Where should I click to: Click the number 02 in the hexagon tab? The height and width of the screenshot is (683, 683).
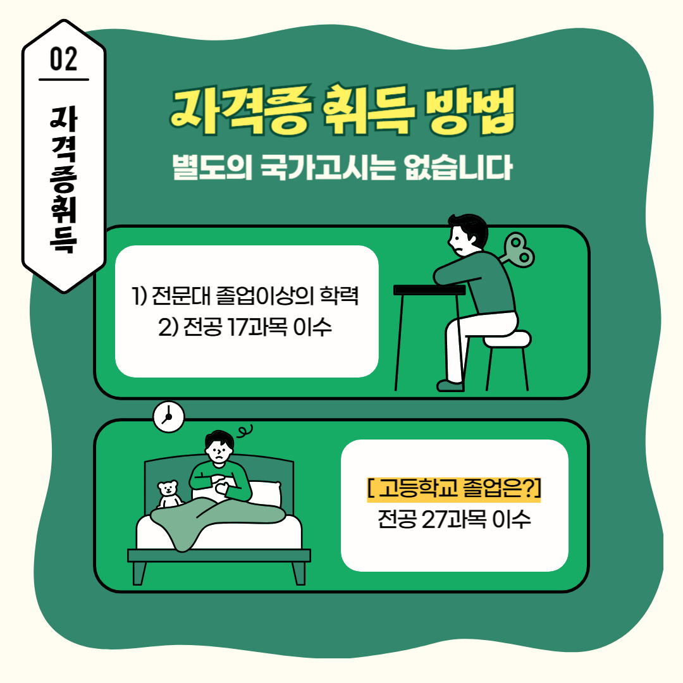64,59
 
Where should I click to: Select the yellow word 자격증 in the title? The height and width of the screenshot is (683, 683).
241,109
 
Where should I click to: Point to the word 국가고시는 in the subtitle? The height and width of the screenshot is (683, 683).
328,167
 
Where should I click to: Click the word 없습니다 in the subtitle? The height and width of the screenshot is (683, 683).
458,167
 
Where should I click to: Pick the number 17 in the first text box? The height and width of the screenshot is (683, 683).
238,327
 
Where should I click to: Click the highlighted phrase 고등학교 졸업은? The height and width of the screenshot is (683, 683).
454,488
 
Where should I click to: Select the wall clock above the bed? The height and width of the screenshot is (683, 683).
169,417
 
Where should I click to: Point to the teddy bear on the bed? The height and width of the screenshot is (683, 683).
169,494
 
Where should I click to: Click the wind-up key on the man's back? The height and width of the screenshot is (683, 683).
519,250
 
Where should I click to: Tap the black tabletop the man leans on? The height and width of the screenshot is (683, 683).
429,290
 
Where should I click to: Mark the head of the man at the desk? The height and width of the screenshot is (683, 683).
468,235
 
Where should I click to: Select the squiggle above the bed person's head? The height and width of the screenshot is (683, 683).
245,431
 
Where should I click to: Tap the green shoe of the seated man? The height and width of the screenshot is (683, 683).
450,386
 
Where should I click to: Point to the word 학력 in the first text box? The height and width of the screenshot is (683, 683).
340,296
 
